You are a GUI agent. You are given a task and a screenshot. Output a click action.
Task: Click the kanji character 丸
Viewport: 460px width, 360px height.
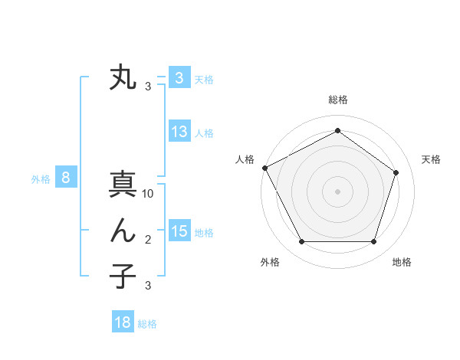coord(123,78)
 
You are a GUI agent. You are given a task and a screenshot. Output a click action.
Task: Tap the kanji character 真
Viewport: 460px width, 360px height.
coord(123,186)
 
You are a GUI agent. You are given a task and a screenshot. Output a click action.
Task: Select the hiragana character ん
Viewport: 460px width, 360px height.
coord(123,231)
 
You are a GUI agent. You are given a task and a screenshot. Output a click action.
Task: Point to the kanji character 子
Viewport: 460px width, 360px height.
coord(123,276)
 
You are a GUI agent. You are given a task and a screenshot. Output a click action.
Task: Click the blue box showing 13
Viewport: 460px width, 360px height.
coord(179,132)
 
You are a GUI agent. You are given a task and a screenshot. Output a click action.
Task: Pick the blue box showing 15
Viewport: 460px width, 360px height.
coord(179,231)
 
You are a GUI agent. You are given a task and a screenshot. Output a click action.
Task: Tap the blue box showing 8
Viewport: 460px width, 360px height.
coord(66,178)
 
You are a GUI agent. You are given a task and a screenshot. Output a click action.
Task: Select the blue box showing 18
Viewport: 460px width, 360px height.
coord(123,322)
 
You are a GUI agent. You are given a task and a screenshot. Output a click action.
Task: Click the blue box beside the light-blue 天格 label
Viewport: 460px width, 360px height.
coord(179,77)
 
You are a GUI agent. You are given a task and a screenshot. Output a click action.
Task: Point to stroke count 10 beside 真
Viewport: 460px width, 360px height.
coord(148,195)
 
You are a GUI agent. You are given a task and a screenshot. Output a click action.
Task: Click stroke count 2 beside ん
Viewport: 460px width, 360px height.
coord(148,240)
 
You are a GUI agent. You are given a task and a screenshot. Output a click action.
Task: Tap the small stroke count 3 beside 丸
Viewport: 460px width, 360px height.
coord(148,87)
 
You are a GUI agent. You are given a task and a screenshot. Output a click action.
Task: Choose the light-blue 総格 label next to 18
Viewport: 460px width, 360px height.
coord(147,324)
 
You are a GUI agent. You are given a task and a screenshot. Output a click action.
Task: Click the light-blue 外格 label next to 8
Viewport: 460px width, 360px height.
coord(41,179)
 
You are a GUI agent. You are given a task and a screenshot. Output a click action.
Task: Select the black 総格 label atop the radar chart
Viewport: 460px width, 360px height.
coord(337,100)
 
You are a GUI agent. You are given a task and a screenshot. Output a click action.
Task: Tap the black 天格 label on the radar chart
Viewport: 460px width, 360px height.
coord(431,159)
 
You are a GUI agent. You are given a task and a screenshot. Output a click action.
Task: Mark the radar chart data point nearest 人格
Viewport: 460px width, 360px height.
coord(264,168)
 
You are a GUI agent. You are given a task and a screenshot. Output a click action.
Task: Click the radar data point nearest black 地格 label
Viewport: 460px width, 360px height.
coord(373,242)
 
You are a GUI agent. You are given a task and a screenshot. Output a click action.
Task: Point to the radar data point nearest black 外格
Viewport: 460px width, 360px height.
coord(301,242)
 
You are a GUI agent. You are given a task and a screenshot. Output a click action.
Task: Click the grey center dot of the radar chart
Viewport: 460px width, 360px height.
coord(337,191)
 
